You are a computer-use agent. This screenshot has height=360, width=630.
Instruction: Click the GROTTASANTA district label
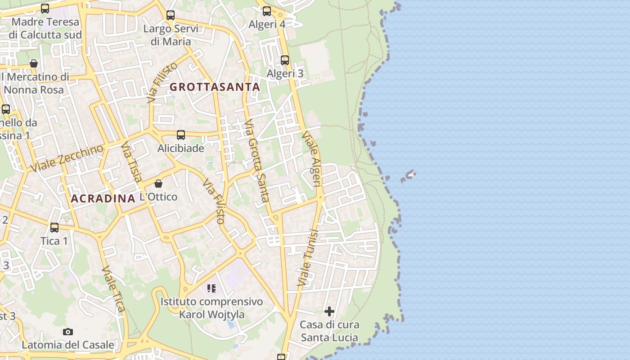[215, 87]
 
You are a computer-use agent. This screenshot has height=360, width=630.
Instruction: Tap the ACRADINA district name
[103, 198]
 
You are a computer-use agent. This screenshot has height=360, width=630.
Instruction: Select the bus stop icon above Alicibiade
[181, 135]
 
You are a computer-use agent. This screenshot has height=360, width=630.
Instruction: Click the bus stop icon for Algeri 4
[267, 11]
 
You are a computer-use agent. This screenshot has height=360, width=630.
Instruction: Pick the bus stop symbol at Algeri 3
[285, 60]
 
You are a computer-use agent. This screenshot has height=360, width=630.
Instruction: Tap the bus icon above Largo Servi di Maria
[171, 15]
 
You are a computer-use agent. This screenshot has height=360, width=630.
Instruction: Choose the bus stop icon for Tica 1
[54, 228]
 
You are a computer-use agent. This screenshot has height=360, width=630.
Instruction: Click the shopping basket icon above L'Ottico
[158, 184]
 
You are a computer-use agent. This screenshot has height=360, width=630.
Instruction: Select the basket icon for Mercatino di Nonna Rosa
[34, 63]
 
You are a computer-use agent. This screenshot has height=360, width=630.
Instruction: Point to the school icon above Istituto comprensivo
[211, 288]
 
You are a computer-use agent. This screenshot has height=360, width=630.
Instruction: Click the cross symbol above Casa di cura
[329, 311]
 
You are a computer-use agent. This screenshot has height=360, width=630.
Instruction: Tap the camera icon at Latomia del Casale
[68, 332]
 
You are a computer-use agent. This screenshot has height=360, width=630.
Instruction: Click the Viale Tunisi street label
[308, 258]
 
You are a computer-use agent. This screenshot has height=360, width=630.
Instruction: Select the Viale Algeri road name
[313, 159]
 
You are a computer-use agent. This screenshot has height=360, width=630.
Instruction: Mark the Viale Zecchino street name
[67, 158]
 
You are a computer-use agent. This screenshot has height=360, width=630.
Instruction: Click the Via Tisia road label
[131, 162]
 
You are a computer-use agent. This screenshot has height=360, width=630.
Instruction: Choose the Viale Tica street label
[113, 288]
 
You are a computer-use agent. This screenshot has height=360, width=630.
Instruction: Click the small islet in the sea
[409, 175]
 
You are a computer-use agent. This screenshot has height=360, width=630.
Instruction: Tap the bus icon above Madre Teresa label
[45, 9]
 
